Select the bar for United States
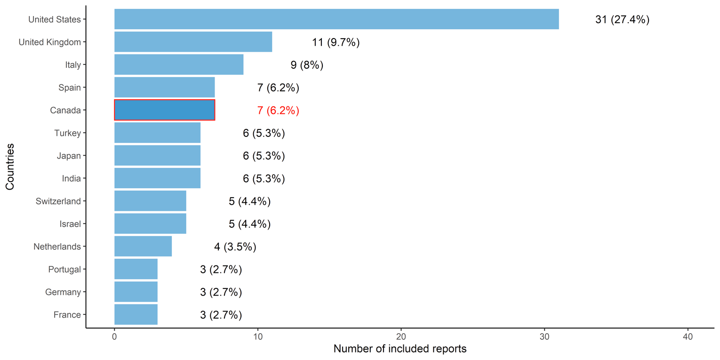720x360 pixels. click(x=336, y=19)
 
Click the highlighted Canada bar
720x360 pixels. click(x=164, y=110)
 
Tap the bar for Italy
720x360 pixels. click(x=178, y=64)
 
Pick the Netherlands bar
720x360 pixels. click(x=143, y=246)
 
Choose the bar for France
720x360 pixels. click(x=136, y=314)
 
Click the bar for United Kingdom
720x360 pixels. click(x=193, y=42)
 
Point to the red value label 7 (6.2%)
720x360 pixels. click(x=278, y=111)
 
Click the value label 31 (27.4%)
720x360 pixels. click(x=622, y=20)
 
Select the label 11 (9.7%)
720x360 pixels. click(x=336, y=42)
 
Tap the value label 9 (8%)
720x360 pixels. click(x=307, y=65)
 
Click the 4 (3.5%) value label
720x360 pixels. click(x=235, y=247)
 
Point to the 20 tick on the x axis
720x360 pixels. click(x=401, y=337)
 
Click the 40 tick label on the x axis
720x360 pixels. click(x=688, y=337)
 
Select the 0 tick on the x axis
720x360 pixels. click(x=114, y=337)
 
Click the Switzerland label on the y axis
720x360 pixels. click(x=58, y=201)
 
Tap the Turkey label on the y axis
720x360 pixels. click(x=68, y=133)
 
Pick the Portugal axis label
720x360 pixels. click(x=64, y=269)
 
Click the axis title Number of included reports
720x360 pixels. click(x=400, y=349)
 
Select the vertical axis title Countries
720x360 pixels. click(x=10, y=167)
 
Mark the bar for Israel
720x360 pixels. click(x=150, y=224)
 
